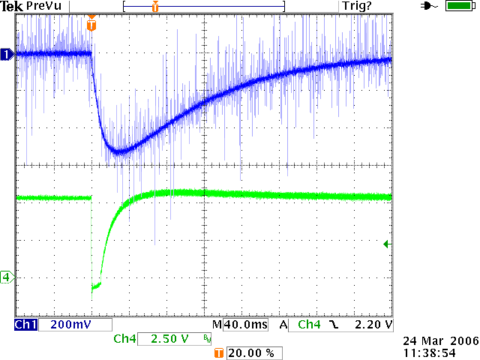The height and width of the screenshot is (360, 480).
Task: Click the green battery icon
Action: [x=457, y=6]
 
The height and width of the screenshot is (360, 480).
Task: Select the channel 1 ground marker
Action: [x=7, y=54]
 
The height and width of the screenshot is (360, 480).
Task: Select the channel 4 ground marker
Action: [x=7, y=277]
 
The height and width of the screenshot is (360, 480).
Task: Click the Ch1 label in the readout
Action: [x=25, y=325]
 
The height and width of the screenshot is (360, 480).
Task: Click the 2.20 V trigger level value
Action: [x=373, y=325]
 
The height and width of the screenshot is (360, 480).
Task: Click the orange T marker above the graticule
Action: [x=91, y=25]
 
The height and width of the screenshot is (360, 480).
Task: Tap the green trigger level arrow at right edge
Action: [x=386, y=244]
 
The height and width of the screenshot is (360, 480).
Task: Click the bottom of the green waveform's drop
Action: [x=93, y=288]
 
